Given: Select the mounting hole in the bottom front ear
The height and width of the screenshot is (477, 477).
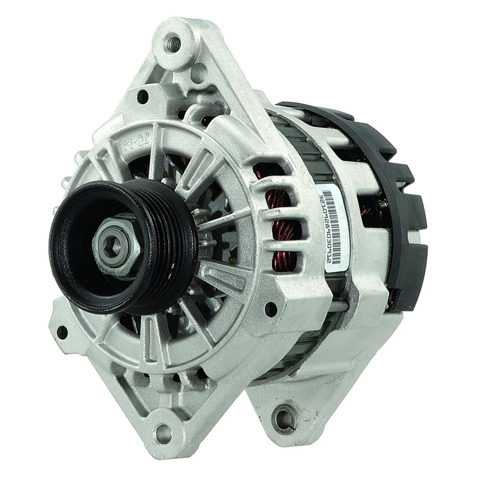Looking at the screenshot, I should [163, 434].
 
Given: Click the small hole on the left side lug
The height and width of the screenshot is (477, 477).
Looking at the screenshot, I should [62, 332].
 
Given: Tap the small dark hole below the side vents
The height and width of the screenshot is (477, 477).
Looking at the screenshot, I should [271, 309].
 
